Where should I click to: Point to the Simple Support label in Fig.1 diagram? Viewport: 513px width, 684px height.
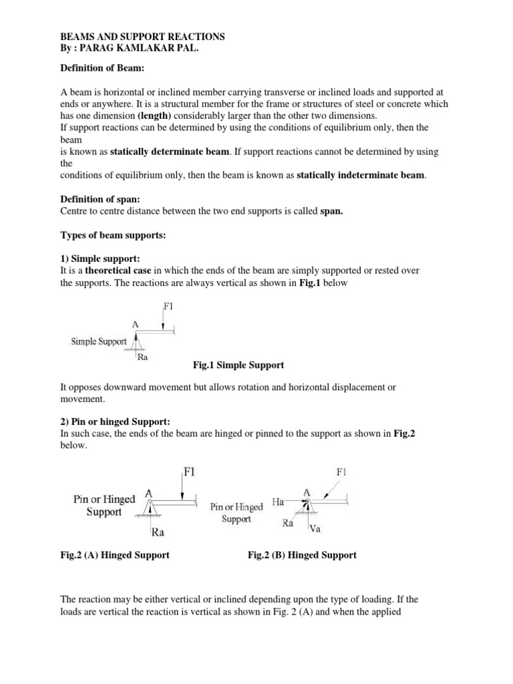coord(99,341)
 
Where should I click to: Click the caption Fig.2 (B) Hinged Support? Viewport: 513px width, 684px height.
coord(302,555)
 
